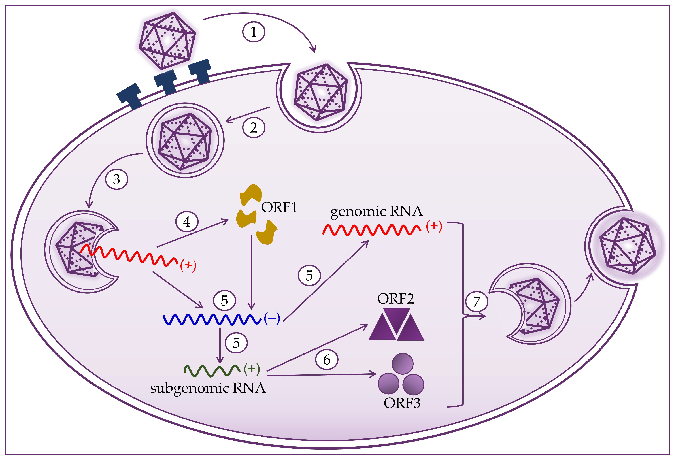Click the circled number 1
[254, 32]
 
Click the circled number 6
[327, 360]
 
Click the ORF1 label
[279, 207]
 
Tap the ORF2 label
[396, 299]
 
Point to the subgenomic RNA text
[208, 388]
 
